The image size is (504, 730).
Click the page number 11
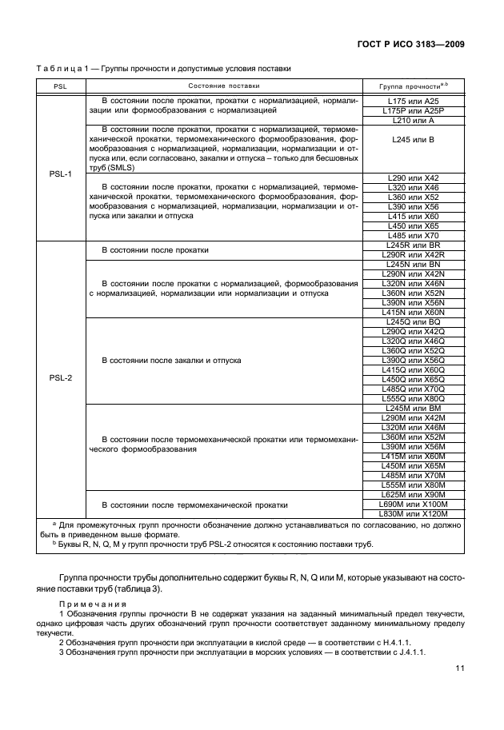click(459, 669)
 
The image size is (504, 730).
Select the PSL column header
click(60, 85)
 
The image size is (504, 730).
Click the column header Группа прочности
click(413, 85)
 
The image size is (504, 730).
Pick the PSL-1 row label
click(60, 173)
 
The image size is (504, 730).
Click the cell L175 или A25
click(413, 101)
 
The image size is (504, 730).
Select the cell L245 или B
click(413, 139)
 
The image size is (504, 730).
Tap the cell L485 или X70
click(413, 236)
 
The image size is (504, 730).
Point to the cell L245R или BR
click(413, 245)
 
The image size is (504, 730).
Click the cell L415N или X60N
click(413, 313)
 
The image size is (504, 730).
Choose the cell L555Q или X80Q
click(413, 399)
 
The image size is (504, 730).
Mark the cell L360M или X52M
click(413, 437)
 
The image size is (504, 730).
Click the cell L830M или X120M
click(413, 513)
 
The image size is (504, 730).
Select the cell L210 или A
click(413, 120)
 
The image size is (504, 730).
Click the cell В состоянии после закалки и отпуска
click(171, 361)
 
